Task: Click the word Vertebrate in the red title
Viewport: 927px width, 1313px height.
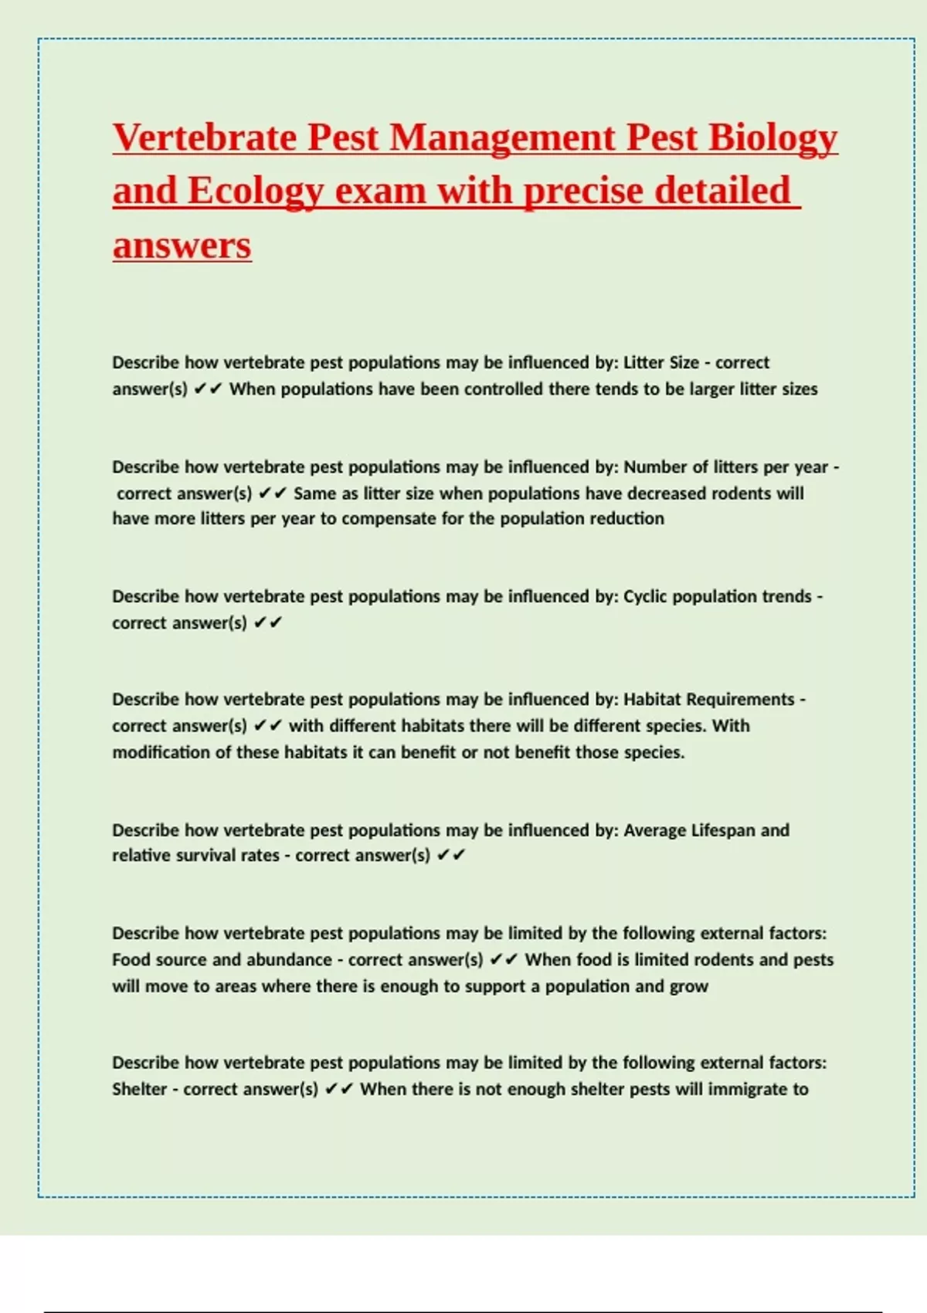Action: point(205,138)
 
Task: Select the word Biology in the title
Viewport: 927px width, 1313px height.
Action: point(772,138)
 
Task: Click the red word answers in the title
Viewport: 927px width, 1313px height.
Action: point(182,246)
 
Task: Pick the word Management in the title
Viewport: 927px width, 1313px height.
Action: point(502,138)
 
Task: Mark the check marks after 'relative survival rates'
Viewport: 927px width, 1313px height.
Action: point(451,856)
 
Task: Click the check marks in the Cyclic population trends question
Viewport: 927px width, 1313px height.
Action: point(268,623)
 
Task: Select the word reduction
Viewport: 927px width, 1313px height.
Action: point(624,519)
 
